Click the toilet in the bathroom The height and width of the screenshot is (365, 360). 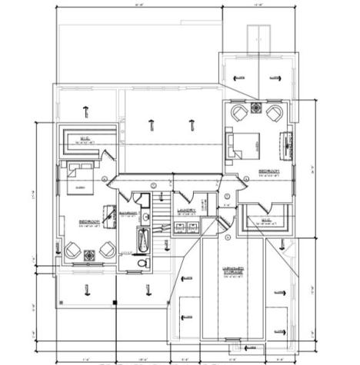142,263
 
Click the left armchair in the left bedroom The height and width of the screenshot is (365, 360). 72,251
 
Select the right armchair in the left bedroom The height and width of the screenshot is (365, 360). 106,251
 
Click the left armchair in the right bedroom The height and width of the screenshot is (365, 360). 238,113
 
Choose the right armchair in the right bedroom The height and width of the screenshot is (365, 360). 273,113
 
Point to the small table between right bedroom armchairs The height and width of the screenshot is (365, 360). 256,108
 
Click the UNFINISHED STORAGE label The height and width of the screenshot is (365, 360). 234,270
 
